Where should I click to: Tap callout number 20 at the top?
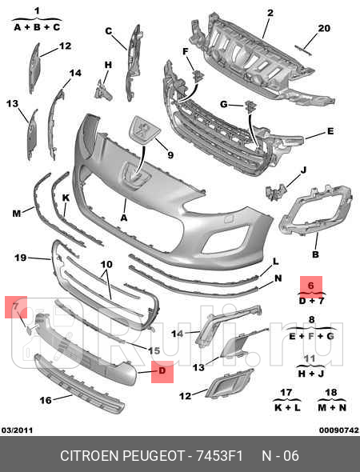click(x=324, y=28)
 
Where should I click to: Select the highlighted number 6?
click(x=311, y=285)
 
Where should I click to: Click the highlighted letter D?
click(x=162, y=370)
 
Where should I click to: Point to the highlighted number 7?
click(x=14, y=306)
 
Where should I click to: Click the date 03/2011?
click(x=17, y=430)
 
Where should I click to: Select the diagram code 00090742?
click(x=339, y=430)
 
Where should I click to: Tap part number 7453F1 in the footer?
click(x=219, y=456)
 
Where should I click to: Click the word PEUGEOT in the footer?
click(x=154, y=456)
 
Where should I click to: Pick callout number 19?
click(x=21, y=258)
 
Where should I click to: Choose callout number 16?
click(x=46, y=400)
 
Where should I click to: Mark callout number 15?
click(x=154, y=350)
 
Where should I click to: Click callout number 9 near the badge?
click(x=170, y=155)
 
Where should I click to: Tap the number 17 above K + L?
click(x=286, y=393)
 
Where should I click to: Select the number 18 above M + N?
click(x=331, y=393)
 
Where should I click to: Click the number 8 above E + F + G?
click(x=311, y=319)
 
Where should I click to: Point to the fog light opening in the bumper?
click(x=226, y=239)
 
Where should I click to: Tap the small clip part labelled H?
click(x=103, y=90)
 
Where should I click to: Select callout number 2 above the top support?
click(x=270, y=13)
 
